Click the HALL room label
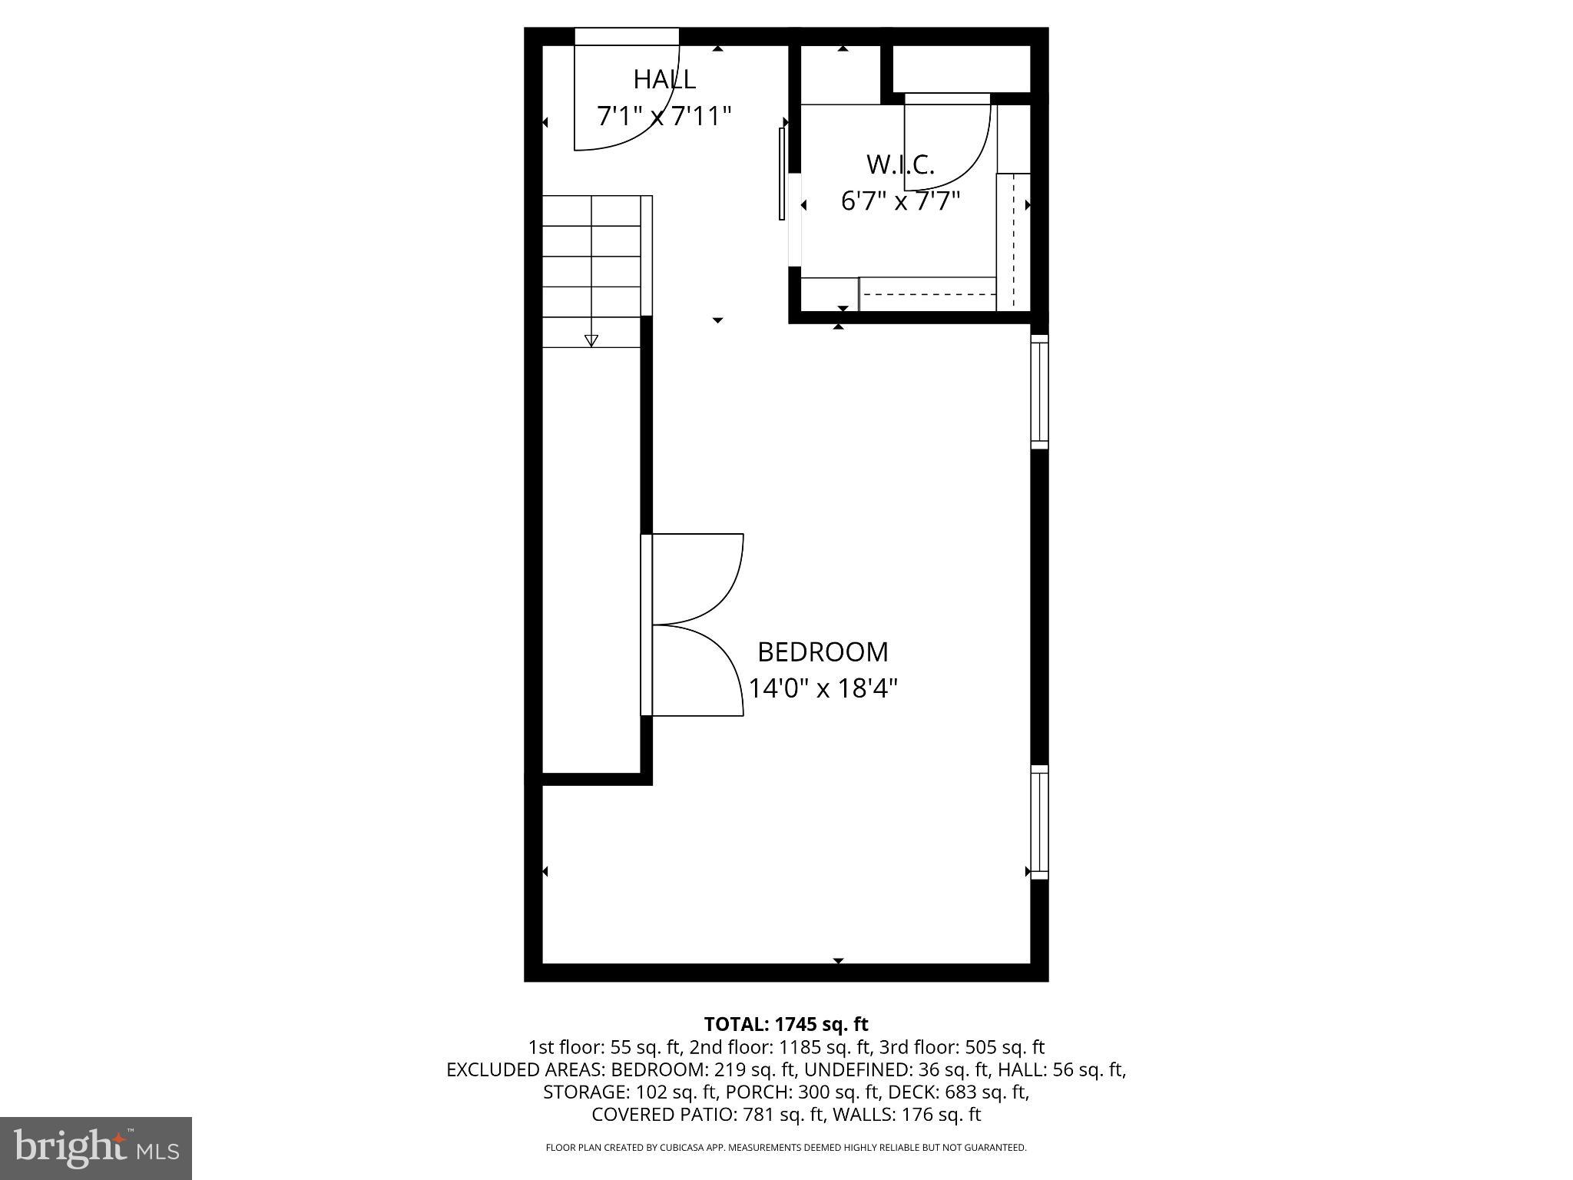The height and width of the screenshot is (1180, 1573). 664,79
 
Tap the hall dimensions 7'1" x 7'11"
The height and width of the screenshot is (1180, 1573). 664,117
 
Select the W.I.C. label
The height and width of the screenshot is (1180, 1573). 900,164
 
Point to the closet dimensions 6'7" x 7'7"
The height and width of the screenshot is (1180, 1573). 900,202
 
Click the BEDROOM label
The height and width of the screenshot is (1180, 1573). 823,652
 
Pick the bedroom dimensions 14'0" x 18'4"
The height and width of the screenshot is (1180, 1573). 823,688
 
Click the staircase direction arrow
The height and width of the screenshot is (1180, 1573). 591,340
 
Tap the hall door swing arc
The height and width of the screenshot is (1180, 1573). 645,123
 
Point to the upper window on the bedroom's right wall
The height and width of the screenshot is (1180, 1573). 1039,392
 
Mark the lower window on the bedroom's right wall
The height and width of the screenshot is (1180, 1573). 1039,822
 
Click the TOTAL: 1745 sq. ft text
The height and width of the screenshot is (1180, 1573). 786,1024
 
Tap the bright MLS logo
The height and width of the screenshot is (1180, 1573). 96,1148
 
